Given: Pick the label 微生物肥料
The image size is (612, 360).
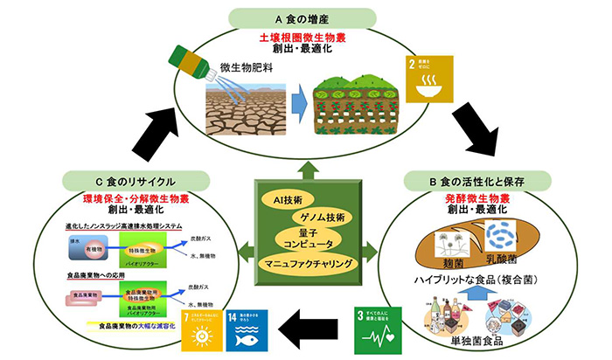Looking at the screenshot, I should (246, 66).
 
